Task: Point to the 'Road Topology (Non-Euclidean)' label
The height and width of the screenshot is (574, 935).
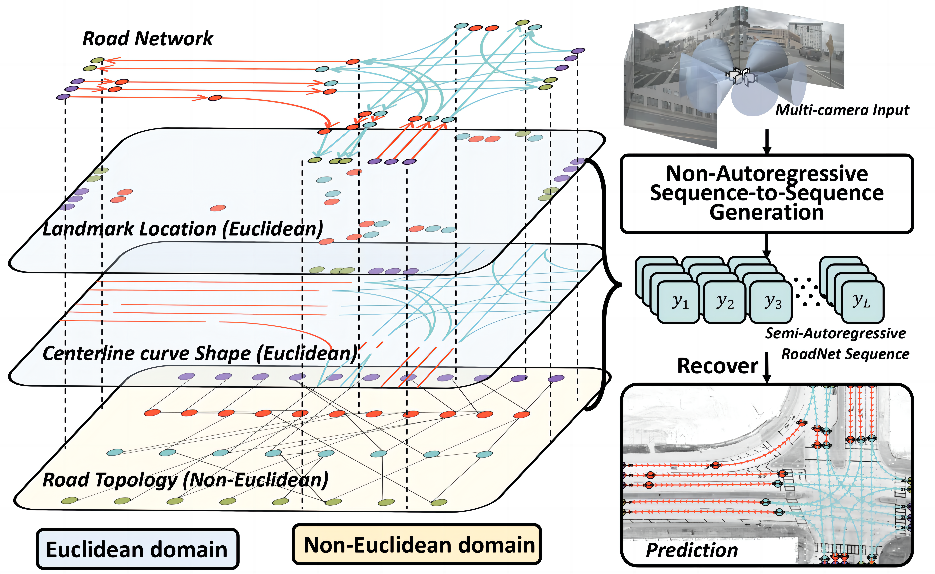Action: click(x=185, y=480)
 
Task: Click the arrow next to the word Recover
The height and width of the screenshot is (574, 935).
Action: click(x=767, y=368)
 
